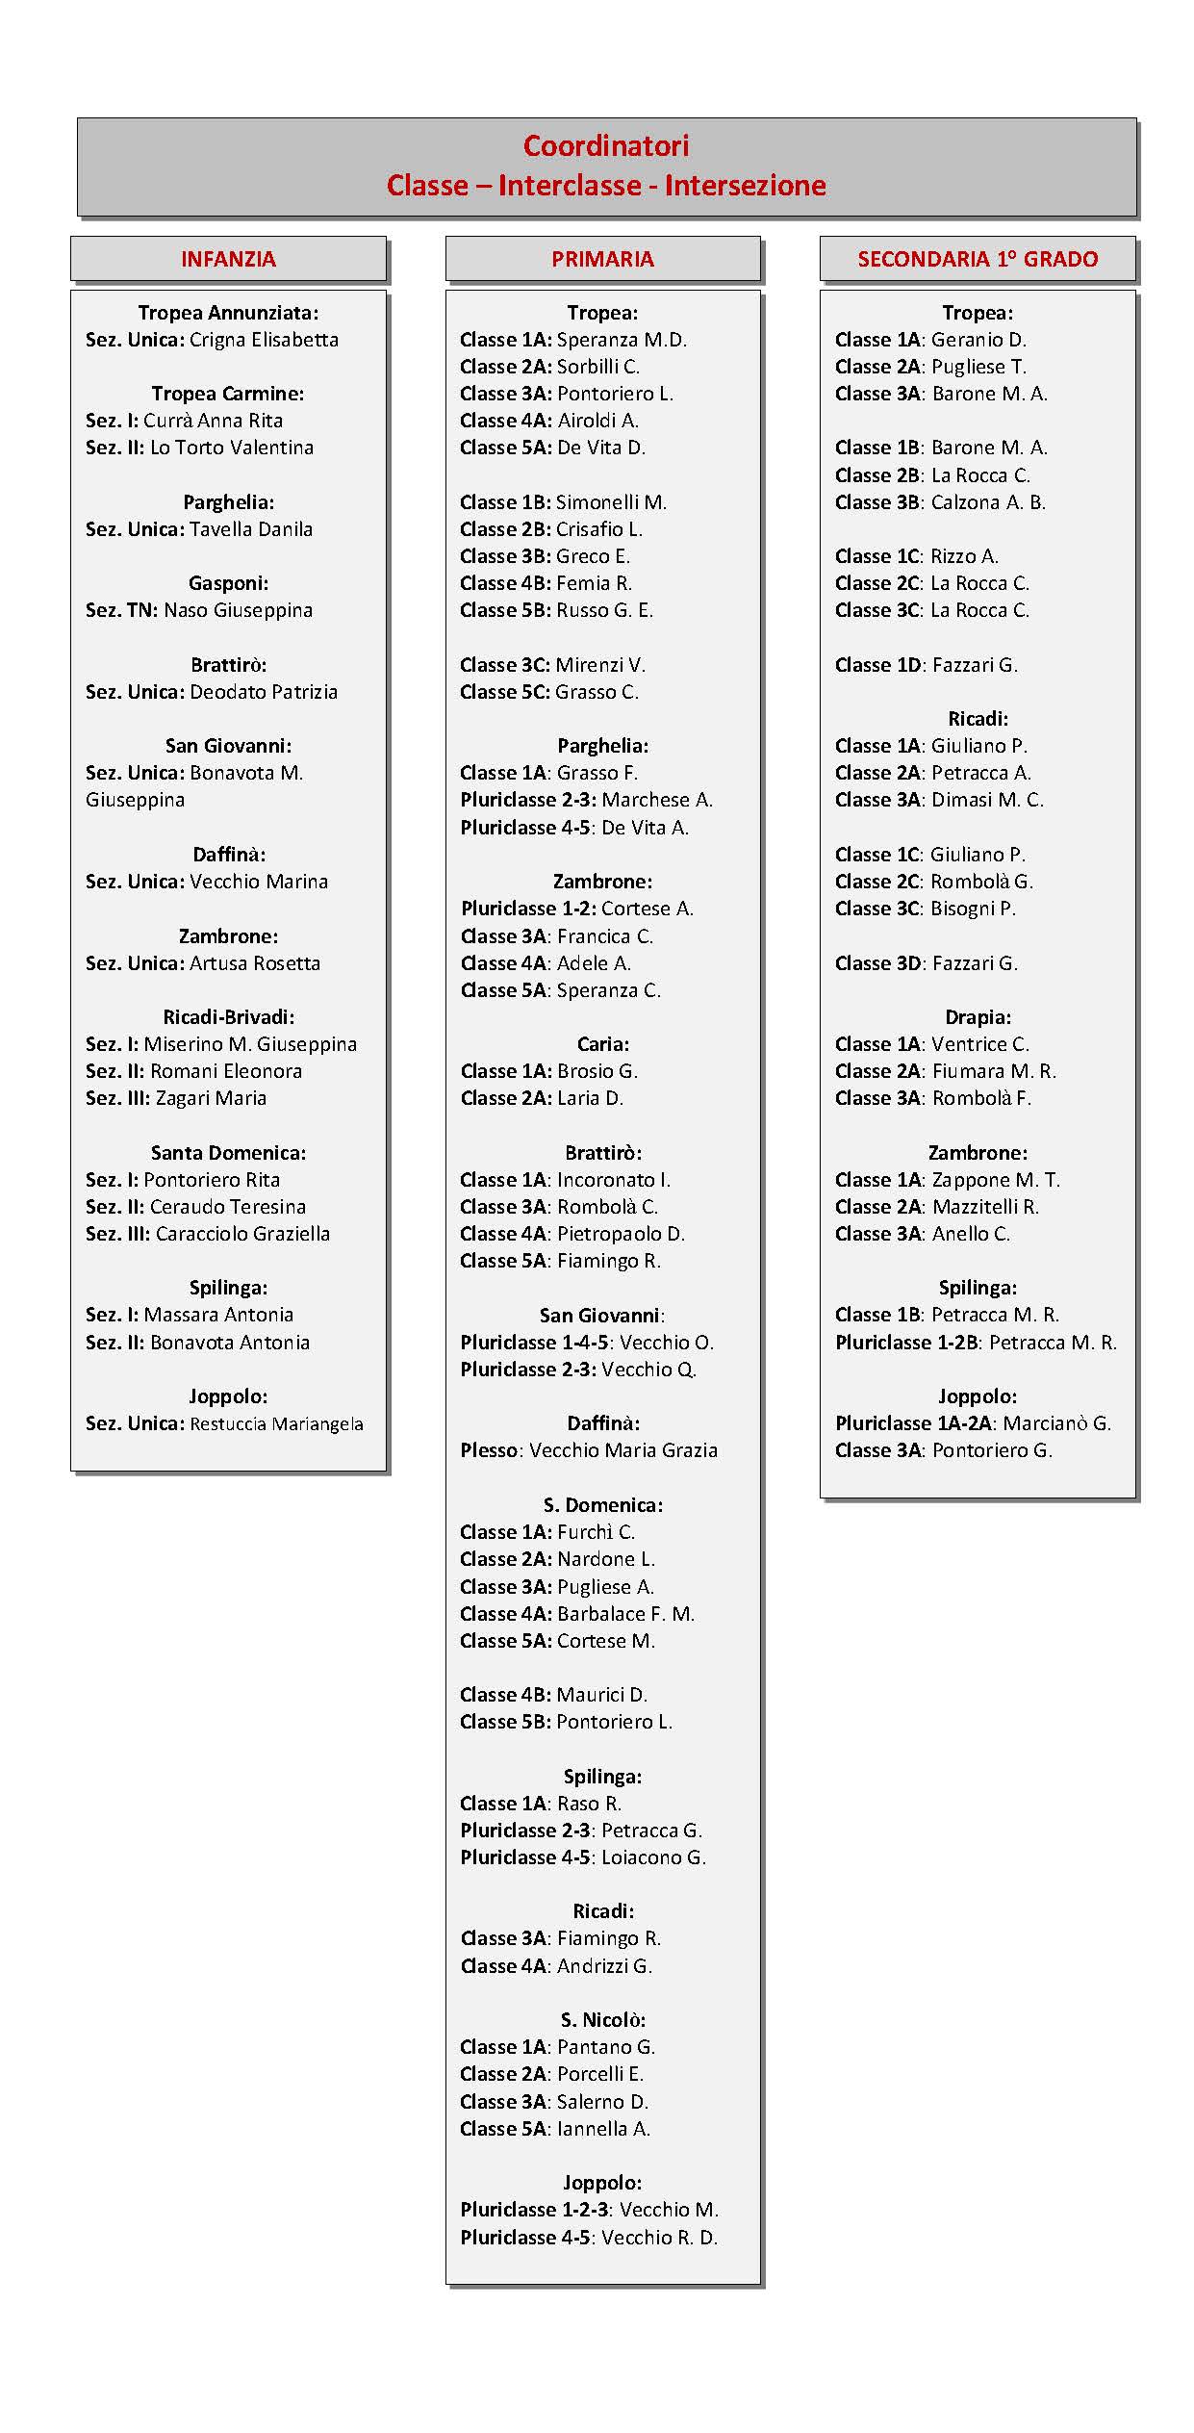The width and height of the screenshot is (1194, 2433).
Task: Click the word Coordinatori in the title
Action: coord(605,146)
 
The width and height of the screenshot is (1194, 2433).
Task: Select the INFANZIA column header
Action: coord(228,259)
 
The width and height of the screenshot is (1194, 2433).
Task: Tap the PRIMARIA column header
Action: coord(602,259)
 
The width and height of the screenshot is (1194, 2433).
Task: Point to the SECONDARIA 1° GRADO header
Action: coord(978,259)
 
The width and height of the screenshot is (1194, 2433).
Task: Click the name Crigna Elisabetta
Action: coord(264,340)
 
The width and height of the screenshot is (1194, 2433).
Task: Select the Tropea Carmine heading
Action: coord(228,394)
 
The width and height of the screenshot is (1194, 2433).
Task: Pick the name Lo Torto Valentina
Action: coord(232,448)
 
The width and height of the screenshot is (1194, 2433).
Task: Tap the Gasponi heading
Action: coord(228,583)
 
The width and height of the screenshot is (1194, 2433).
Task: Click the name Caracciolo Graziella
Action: coord(242,1234)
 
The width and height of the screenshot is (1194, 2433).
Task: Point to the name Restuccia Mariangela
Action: coord(277,1423)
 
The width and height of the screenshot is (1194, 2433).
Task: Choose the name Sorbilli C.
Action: coord(598,367)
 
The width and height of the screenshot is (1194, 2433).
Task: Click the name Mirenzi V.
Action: coord(600,665)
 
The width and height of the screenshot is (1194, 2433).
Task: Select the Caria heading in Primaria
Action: coord(602,1044)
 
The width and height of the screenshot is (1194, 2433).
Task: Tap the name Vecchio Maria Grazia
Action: coord(623,1450)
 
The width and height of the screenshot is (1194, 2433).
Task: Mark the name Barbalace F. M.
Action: coord(626,1614)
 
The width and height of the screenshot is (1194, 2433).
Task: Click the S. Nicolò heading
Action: coord(602,2020)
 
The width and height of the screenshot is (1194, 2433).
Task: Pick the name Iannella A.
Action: coord(604,2129)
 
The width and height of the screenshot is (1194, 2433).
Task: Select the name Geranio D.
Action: coord(978,340)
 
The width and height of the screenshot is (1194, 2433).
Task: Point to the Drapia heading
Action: coord(978,1017)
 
